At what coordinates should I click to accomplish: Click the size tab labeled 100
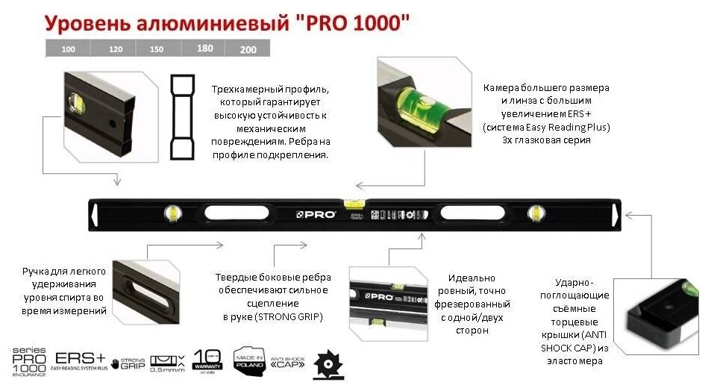click(68, 49)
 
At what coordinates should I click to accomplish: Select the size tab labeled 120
click(114, 49)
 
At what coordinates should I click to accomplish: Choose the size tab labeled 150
click(156, 49)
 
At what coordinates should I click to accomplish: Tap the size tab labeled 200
click(248, 49)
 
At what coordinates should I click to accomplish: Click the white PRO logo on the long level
click(316, 215)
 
